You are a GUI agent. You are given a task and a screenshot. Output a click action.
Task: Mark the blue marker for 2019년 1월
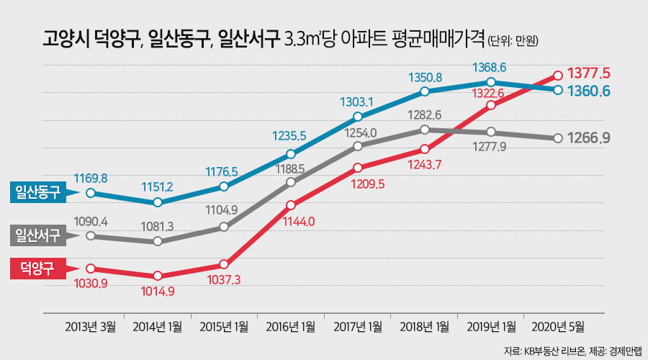pos(491,82)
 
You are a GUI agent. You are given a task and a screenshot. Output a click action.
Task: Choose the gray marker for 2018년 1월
pos(425,130)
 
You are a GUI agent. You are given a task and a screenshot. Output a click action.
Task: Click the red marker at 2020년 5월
pos(558,74)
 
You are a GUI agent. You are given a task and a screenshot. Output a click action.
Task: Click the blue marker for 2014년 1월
pos(157,202)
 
